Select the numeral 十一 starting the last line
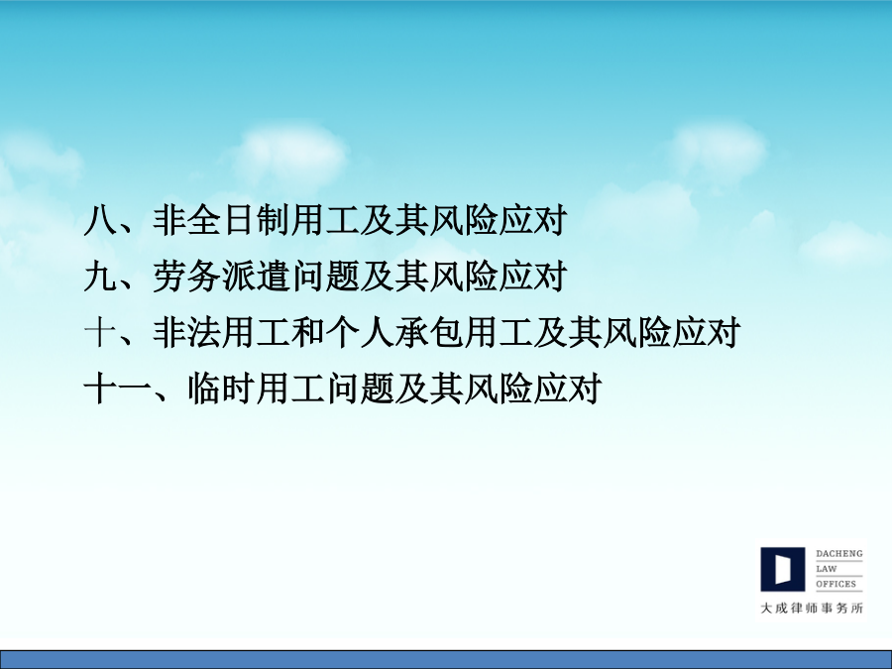point(118,390)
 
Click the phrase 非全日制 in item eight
point(222,220)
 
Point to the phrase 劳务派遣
point(222,277)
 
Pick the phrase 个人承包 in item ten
point(394,333)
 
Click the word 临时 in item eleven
point(222,390)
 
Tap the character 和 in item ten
point(308,333)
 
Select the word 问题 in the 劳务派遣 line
point(325,277)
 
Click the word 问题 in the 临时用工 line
point(360,390)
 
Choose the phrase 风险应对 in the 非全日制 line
point(499,220)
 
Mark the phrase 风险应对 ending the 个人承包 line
point(671,333)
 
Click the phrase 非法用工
point(222,333)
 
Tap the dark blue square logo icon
point(783,570)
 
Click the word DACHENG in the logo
point(839,553)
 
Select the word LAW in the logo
point(827,569)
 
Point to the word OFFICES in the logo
point(836,584)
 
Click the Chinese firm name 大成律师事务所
point(812,609)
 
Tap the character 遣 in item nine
point(274,277)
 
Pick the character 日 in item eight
point(239,220)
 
